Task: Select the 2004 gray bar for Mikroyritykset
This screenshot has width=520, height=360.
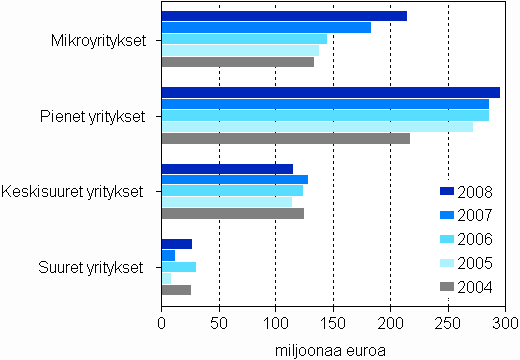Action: tap(238, 62)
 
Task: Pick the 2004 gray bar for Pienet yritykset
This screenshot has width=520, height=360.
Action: tap(285, 138)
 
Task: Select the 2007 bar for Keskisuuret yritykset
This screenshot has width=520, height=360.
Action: tap(235, 180)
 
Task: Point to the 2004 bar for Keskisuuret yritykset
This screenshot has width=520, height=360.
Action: tap(233, 213)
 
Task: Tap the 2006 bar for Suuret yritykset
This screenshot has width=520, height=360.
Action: tap(178, 267)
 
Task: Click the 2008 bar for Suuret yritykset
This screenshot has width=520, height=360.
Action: tap(176, 244)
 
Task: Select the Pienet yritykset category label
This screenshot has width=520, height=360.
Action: tap(99, 116)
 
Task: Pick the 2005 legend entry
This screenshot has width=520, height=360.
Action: tap(475, 263)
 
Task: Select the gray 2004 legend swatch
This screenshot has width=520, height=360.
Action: tap(447, 288)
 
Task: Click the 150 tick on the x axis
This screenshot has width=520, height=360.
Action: tap(333, 323)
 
